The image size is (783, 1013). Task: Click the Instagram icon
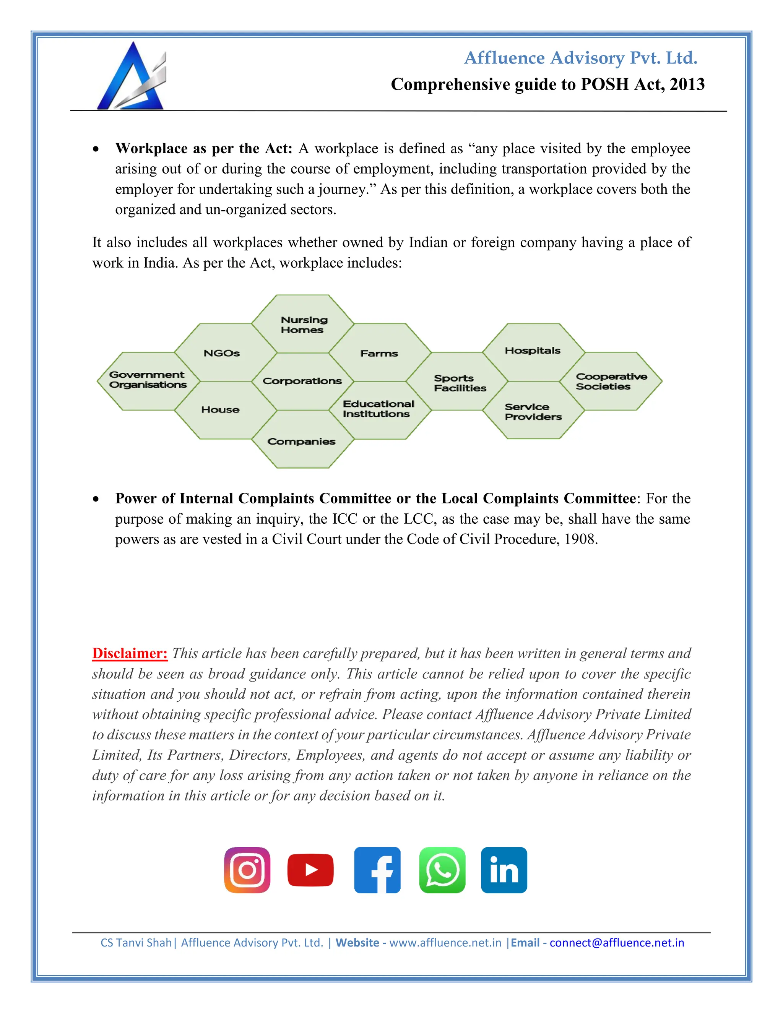(247, 870)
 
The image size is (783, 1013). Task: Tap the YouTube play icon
(310, 870)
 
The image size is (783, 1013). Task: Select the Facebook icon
(377, 870)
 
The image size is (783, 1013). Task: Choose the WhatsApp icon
(442, 870)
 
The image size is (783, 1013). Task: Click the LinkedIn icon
(504, 870)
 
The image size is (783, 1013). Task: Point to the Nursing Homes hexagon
(303, 324)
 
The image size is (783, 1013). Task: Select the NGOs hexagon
(222, 353)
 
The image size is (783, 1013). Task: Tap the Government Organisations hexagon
(148, 380)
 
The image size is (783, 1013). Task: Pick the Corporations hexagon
(302, 381)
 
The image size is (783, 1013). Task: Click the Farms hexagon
(379, 353)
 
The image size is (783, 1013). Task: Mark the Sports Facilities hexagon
(459, 383)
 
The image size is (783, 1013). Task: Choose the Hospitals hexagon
(533, 351)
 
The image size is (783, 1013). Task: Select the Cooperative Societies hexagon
(611, 381)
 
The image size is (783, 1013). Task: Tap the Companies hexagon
(302, 441)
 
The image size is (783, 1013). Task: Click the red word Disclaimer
(130, 653)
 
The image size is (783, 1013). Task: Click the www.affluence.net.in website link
(445, 943)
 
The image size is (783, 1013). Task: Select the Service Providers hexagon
(533, 411)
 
